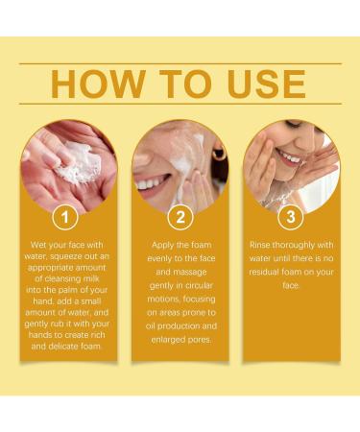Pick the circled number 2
180,217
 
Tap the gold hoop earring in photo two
219,155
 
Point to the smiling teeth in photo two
152,182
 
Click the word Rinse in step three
264,245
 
